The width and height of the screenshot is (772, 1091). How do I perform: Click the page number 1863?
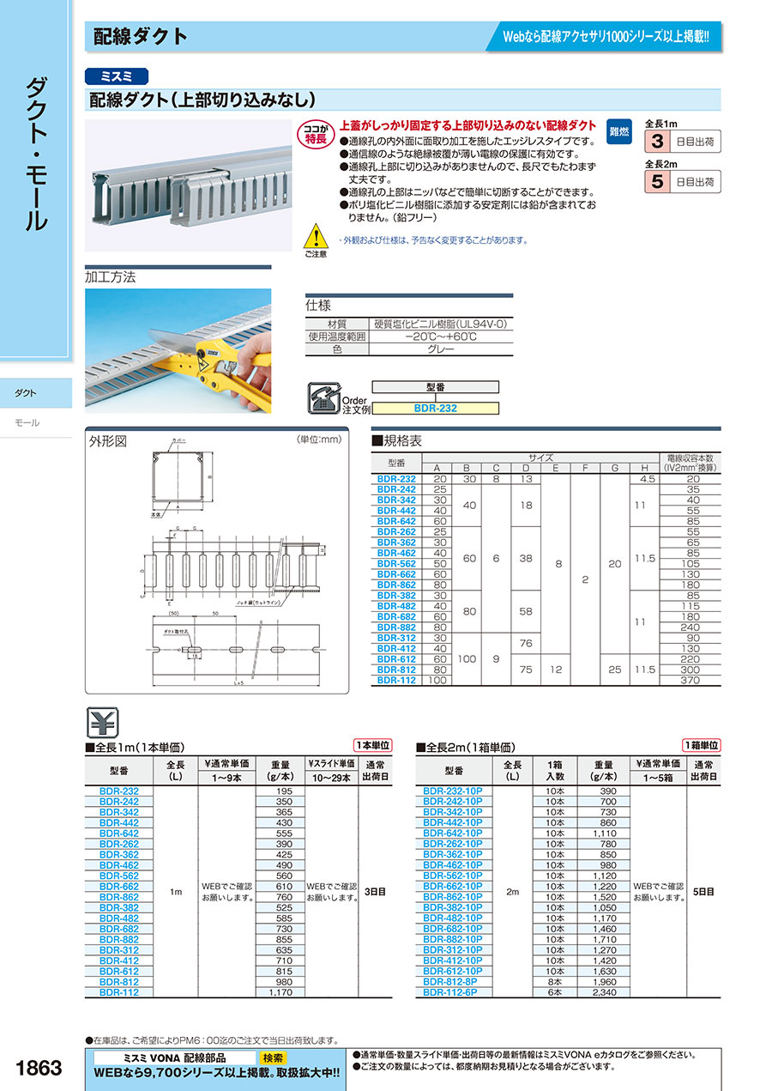click(39, 1067)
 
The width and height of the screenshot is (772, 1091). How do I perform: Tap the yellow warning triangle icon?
click(316, 235)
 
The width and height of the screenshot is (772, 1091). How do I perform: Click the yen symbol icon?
click(104, 721)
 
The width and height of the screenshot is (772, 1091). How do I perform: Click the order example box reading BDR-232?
click(436, 409)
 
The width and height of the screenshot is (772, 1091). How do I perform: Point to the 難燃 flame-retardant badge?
click(618, 131)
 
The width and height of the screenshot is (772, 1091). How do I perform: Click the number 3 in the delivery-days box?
click(656, 142)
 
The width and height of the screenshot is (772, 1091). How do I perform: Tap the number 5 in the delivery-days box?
click(656, 181)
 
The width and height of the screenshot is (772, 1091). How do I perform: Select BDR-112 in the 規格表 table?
click(395, 680)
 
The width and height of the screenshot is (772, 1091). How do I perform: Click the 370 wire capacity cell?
click(690, 680)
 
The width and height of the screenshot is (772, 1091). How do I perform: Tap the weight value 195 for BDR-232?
click(286, 791)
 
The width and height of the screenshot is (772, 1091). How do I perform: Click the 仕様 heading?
click(318, 306)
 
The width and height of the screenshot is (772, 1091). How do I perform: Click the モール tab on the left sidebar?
click(28, 423)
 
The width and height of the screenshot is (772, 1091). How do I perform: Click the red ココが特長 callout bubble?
click(315, 133)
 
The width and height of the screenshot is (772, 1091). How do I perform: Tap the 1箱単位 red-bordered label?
click(701, 745)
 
